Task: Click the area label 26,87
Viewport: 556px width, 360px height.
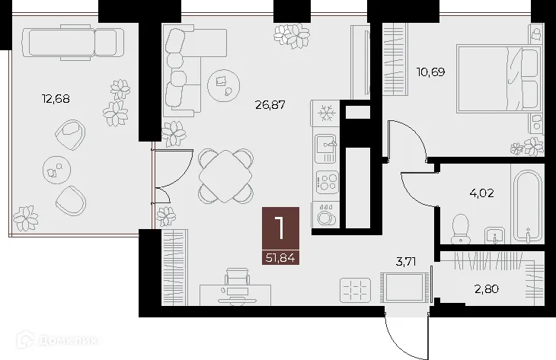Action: pyautogui.click(x=270, y=105)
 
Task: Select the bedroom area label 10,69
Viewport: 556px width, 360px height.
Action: pyautogui.click(x=430, y=72)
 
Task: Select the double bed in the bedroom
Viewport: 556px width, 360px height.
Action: pyautogui.click(x=499, y=78)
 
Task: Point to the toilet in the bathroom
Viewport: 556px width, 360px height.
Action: pyautogui.click(x=460, y=227)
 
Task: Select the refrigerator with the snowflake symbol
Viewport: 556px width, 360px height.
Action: pyautogui.click(x=326, y=113)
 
